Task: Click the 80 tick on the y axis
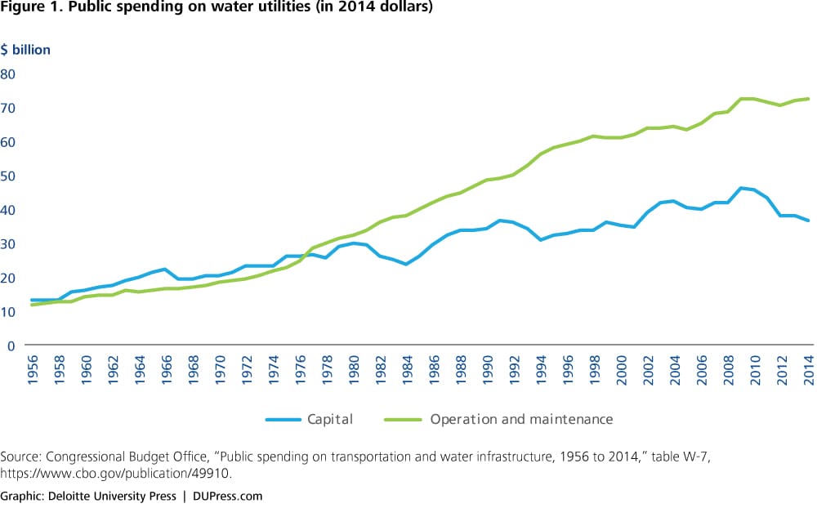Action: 11,74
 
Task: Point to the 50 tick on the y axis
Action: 11,176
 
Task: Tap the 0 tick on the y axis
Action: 11,345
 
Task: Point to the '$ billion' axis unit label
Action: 25,50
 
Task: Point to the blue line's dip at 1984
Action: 405,264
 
